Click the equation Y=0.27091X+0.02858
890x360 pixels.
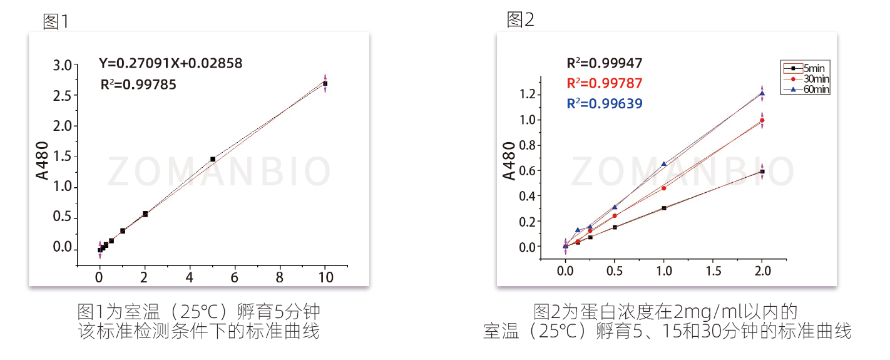click(x=170, y=63)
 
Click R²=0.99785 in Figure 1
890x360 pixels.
click(x=138, y=85)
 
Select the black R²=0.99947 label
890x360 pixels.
click(x=605, y=63)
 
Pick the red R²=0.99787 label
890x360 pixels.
click(x=605, y=83)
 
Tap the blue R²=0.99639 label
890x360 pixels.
click(x=605, y=104)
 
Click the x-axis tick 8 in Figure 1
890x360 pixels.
click(x=280, y=276)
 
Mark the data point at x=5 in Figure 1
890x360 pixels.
click(x=213, y=159)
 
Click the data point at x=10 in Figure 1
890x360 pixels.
click(x=325, y=83)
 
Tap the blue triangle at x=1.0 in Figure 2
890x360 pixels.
click(x=664, y=164)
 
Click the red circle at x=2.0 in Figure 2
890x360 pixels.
click(x=762, y=120)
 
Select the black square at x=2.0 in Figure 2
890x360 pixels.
click(x=762, y=171)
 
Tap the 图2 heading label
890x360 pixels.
click(x=521, y=20)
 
